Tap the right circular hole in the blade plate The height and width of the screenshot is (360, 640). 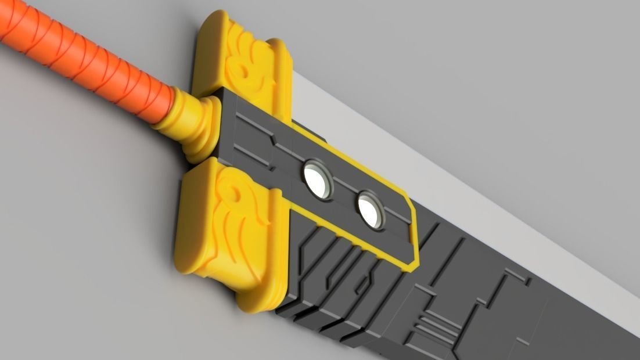tap(371, 210)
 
